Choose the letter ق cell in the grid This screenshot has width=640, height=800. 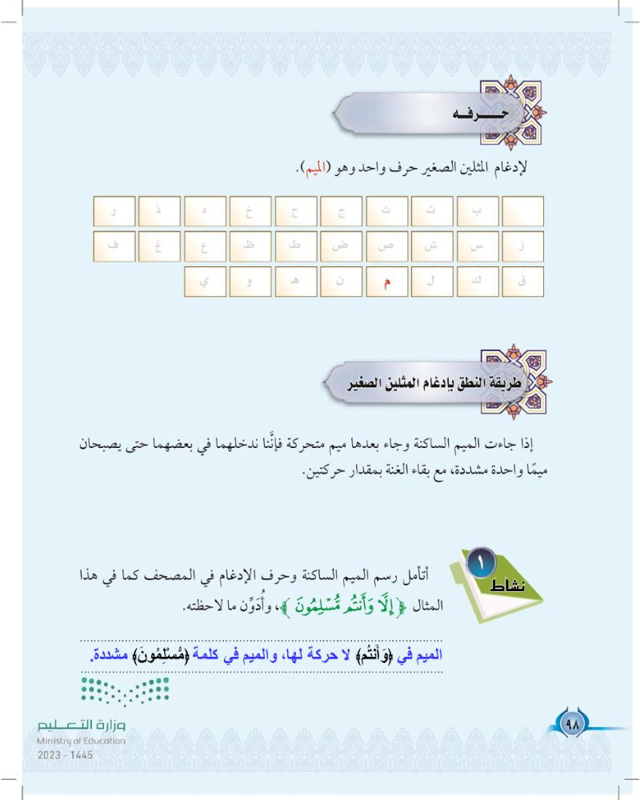coord(522,282)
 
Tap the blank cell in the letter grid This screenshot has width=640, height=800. coord(522,211)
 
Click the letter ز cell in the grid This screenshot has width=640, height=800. coord(522,246)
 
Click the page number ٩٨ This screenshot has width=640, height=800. coord(573,725)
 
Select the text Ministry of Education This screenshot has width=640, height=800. coord(81,741)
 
